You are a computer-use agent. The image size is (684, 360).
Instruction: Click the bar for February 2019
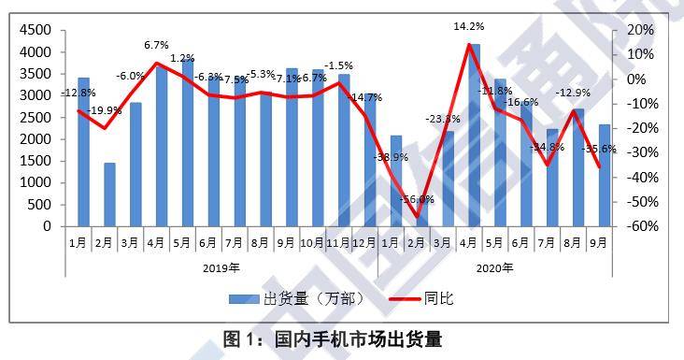coord(109,194)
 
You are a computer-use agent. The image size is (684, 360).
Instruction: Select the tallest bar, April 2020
coord(476,136)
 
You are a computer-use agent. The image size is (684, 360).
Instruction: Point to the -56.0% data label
coord(418,199)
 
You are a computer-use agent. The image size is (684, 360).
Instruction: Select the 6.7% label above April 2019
coord(155,45)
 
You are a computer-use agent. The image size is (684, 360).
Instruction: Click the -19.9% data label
coord(106,111)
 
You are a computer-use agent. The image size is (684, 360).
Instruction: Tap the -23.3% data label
coord(443,119)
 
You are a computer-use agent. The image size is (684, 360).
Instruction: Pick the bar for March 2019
coord(135,165)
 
